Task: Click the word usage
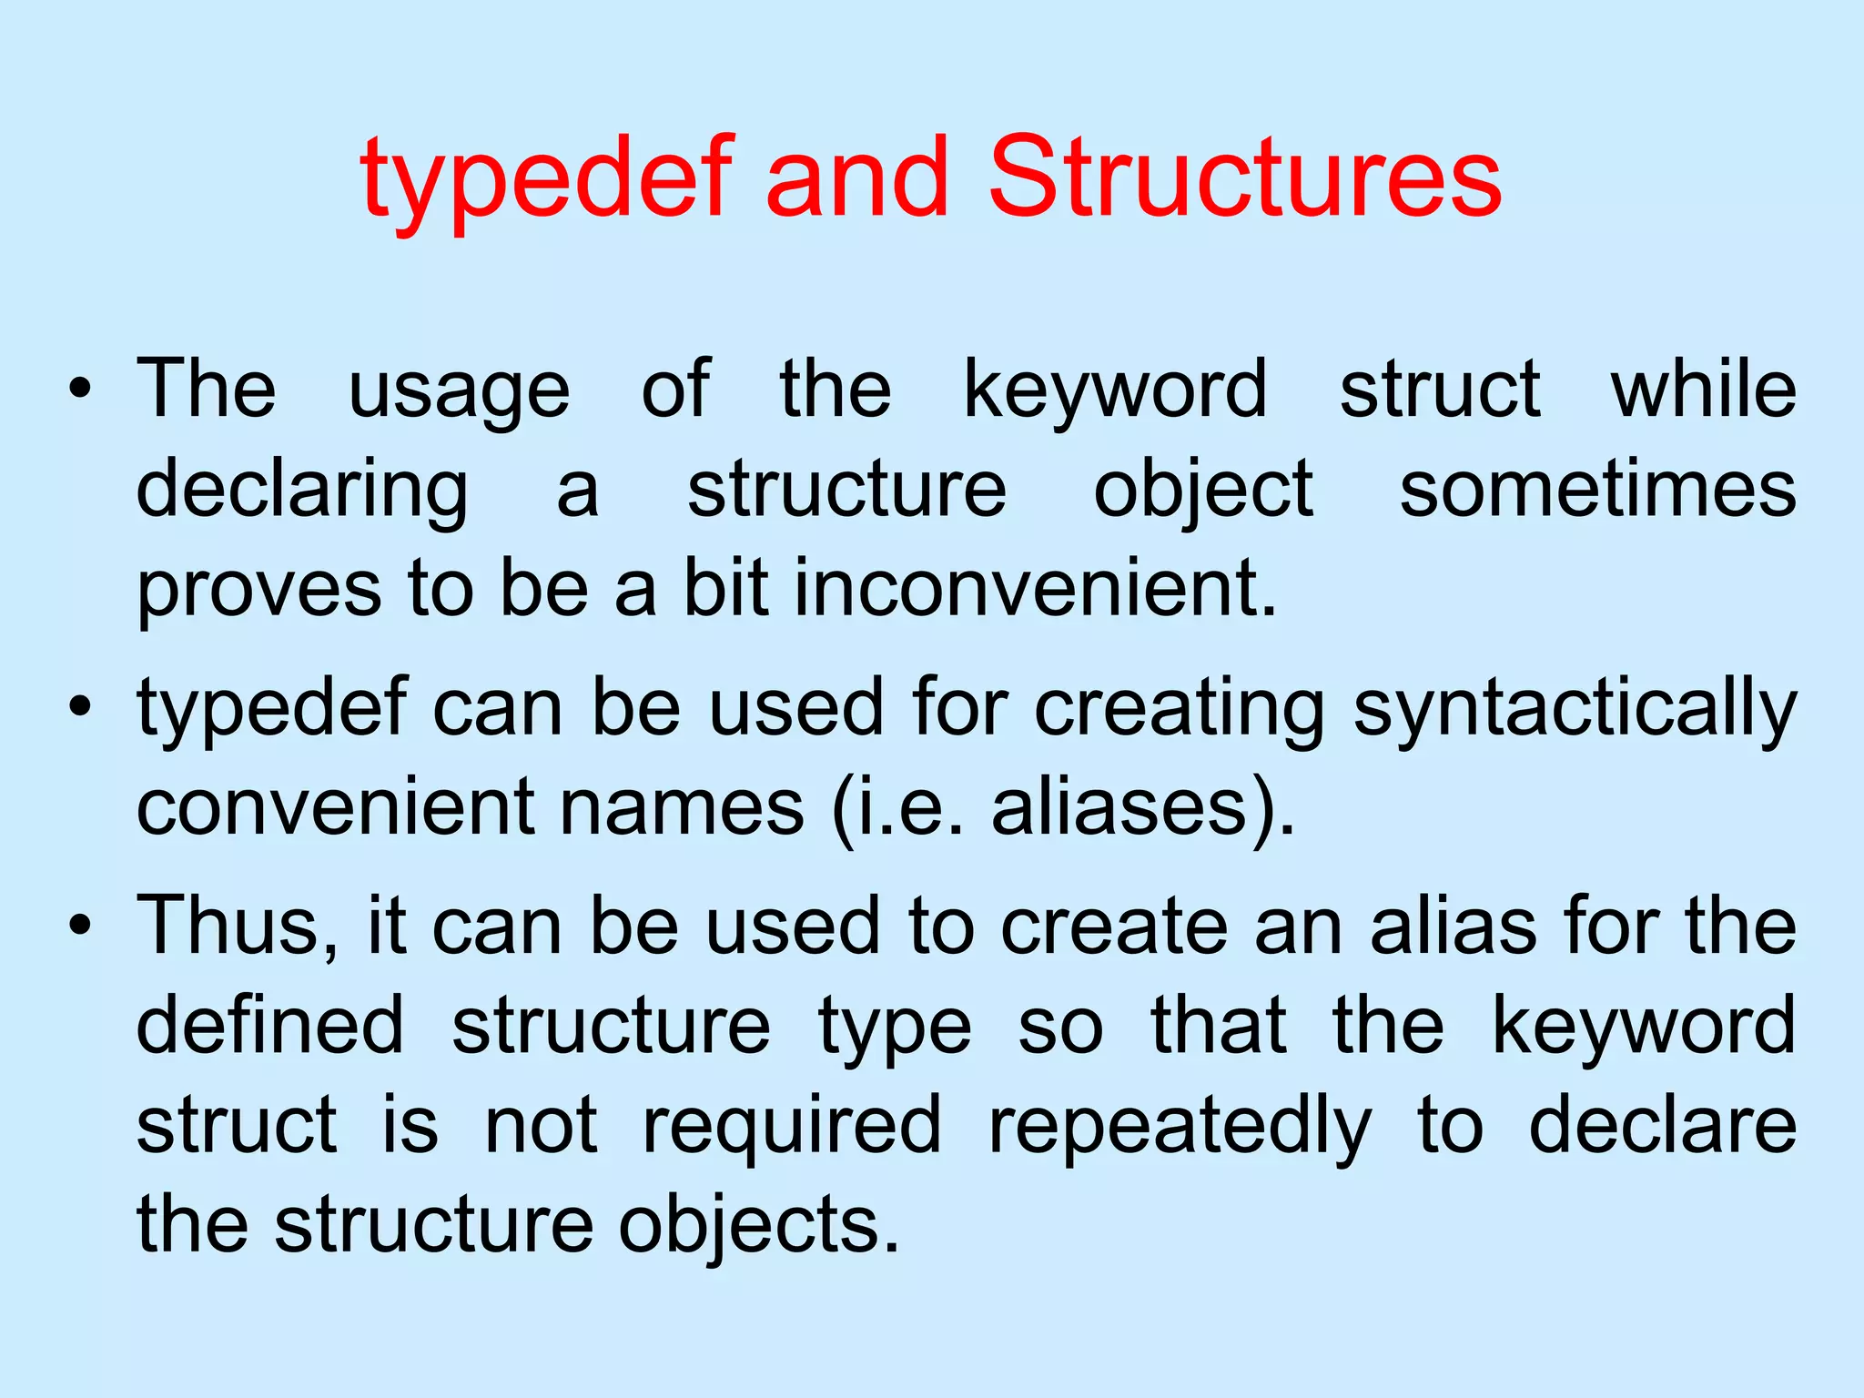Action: (460, 391)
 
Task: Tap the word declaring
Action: (302, 491)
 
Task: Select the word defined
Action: (270, 1026)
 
